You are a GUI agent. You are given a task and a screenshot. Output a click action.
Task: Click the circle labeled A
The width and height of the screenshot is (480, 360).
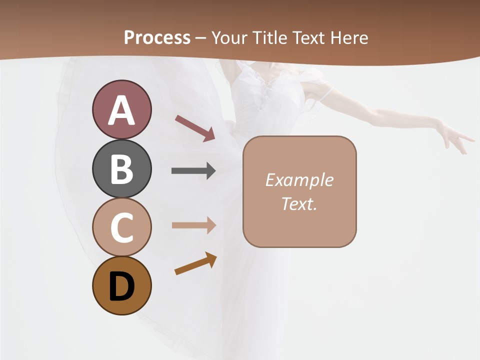[121, 109]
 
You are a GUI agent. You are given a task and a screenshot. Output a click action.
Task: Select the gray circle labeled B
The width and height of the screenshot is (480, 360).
[121, 168]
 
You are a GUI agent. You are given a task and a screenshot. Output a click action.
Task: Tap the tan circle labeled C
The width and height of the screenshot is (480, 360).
[121, 227]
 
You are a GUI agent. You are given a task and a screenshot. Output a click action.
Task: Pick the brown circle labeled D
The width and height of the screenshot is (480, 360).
[121, 285]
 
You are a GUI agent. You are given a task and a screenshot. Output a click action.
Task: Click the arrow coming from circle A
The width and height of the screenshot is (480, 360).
[195, 128]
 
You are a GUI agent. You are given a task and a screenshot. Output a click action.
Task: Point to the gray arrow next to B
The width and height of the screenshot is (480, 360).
[193, 171]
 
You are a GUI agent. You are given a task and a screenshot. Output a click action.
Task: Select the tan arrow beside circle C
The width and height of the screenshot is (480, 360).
[193, 225]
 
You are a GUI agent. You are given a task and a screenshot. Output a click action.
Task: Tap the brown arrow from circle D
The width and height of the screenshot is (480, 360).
[195, 263]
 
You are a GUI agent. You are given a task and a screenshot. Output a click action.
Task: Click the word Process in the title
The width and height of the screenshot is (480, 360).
[157, 37]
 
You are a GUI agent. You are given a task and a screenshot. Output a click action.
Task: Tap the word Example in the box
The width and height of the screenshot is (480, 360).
[299, 180]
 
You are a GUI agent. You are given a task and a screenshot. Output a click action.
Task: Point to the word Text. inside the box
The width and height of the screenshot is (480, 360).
[299, 203]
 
